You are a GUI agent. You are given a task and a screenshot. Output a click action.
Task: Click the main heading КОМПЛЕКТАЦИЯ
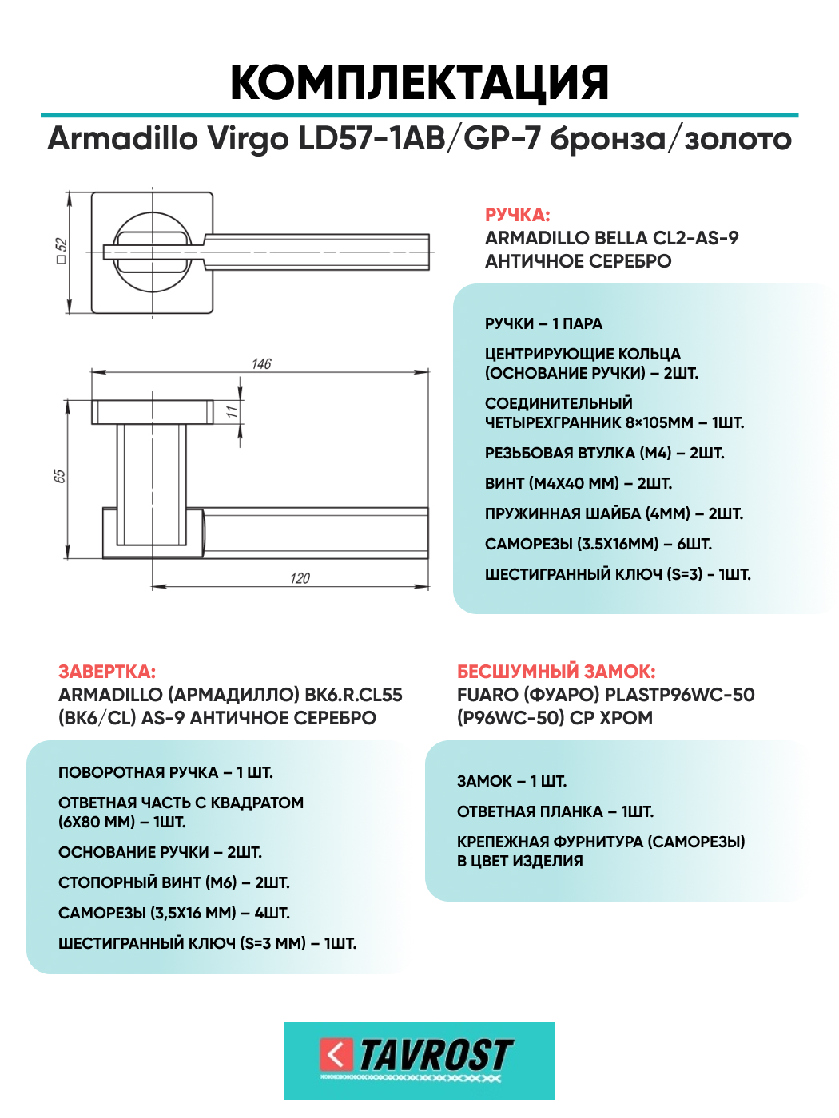pyautogui.click(x=419, y=82)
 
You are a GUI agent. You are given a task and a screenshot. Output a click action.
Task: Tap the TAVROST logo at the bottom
pyautogui.click(x=419, y=1061)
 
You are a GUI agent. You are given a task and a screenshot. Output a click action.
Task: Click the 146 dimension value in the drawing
pyautogui.click(x=261, y=364)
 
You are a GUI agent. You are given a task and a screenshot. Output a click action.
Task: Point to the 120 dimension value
pyautogui.click(x=300, y=578)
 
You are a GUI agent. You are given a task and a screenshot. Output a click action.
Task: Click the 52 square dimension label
pyautogui.click(x=62, y=251)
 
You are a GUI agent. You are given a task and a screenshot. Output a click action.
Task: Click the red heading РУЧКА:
pyautogui.click(x=517, y=215)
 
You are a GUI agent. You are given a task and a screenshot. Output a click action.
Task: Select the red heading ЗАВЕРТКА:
pyautogui.click(x=107, y=672)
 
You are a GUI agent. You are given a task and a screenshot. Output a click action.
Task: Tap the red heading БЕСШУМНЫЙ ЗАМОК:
pyautogui.click(x=556, y=672)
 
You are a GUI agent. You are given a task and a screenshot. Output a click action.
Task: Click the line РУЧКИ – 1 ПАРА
pyautogui.click(x=543, y=323)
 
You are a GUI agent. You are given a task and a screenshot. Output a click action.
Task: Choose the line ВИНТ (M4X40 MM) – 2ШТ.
pyautogui.click(x=579, y=483)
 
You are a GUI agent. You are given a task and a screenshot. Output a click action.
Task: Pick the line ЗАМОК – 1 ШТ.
pyautogui.click(x=511, y=781)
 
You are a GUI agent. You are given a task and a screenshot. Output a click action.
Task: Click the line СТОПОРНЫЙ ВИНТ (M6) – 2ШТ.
pyautogui.click(x=174, y=882)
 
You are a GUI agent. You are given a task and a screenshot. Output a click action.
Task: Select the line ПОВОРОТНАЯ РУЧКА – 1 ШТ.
pyautogui.click(x=165, y=772)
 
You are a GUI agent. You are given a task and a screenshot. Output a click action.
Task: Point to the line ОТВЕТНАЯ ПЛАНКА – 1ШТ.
pyautogui.click(x=555, y=811)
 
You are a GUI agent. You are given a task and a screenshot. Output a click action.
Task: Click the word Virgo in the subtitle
pyautogui.click(x=248, y=139)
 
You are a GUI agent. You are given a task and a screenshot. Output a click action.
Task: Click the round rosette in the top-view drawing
pyautogui.click(x=153, y=252)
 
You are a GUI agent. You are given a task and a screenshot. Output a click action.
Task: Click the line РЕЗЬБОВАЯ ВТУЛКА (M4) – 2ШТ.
pyautogui.click(x=604, y=453)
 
